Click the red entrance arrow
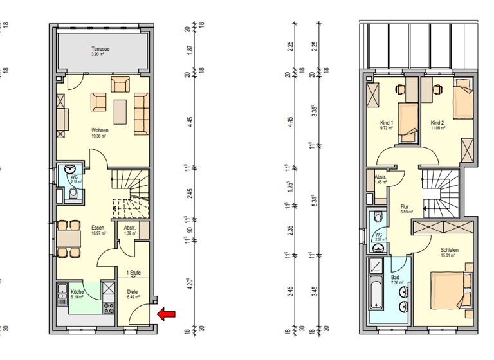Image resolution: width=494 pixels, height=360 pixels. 167,314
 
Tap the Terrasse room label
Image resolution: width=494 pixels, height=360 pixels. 100,49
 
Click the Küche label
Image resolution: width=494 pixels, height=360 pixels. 77,292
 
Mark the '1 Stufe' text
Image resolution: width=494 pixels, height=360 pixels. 134,273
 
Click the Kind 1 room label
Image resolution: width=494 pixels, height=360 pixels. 387,122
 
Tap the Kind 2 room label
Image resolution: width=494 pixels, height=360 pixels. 437,122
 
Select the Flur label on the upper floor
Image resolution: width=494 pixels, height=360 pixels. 405,206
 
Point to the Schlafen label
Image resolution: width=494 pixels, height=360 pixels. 448,250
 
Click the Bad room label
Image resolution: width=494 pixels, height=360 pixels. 395,278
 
